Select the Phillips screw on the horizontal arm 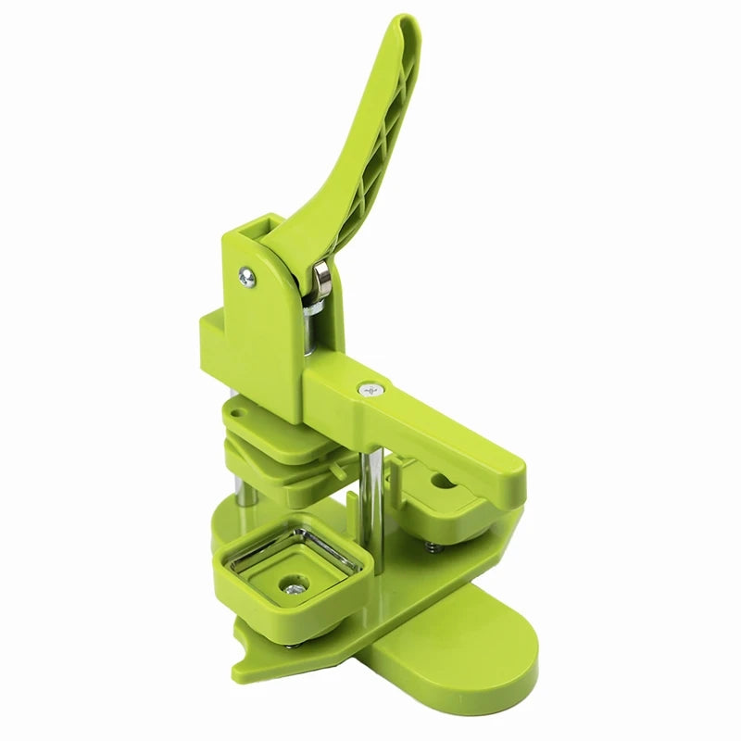point(370,390)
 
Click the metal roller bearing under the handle point(322,277)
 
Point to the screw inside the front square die point(295,584)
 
